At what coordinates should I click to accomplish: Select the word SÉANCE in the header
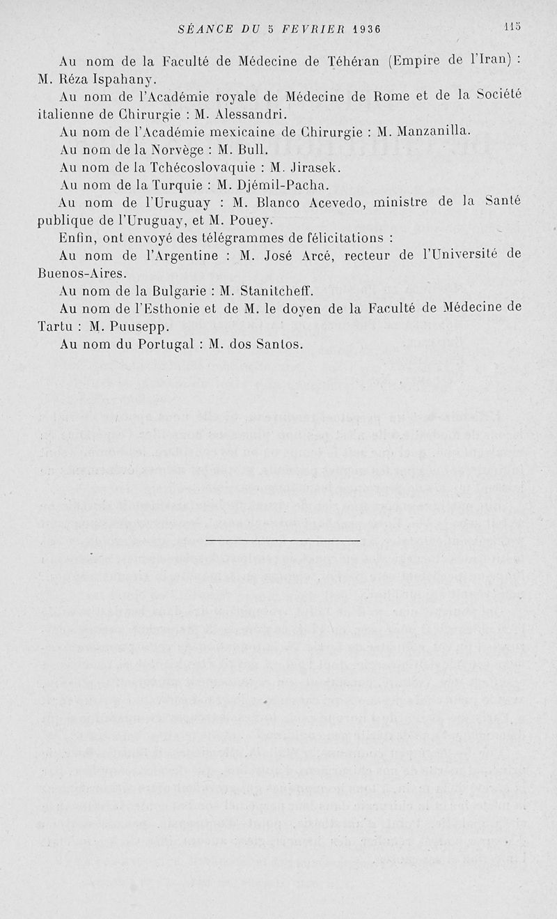coord(203,29)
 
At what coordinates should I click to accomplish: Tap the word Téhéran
coord(352,61)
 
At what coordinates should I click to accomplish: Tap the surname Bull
coord(248,149)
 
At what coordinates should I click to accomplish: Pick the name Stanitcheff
coord(298,291)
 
